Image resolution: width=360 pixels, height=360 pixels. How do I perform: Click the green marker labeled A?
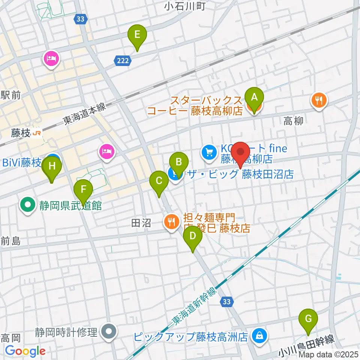pyautogui.click(x=254, y=98)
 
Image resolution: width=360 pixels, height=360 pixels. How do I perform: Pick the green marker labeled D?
pyautogui.click(x=193, y=237)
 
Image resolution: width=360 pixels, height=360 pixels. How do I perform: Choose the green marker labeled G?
pyautogui.click(x=308, y=319)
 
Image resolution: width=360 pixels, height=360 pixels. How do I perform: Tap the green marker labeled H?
pyautogui.click(x=52, y=166)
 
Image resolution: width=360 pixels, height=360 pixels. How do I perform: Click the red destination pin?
pyautogui.click(x=240, y=152)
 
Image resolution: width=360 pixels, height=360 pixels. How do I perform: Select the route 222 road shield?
pyautogui.click(x=120, y=60)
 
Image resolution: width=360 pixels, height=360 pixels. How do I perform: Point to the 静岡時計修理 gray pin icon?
pyautogui.click(x=109, y=331)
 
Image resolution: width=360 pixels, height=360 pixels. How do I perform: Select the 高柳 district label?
pyautogui.click(x=293, y=120)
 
